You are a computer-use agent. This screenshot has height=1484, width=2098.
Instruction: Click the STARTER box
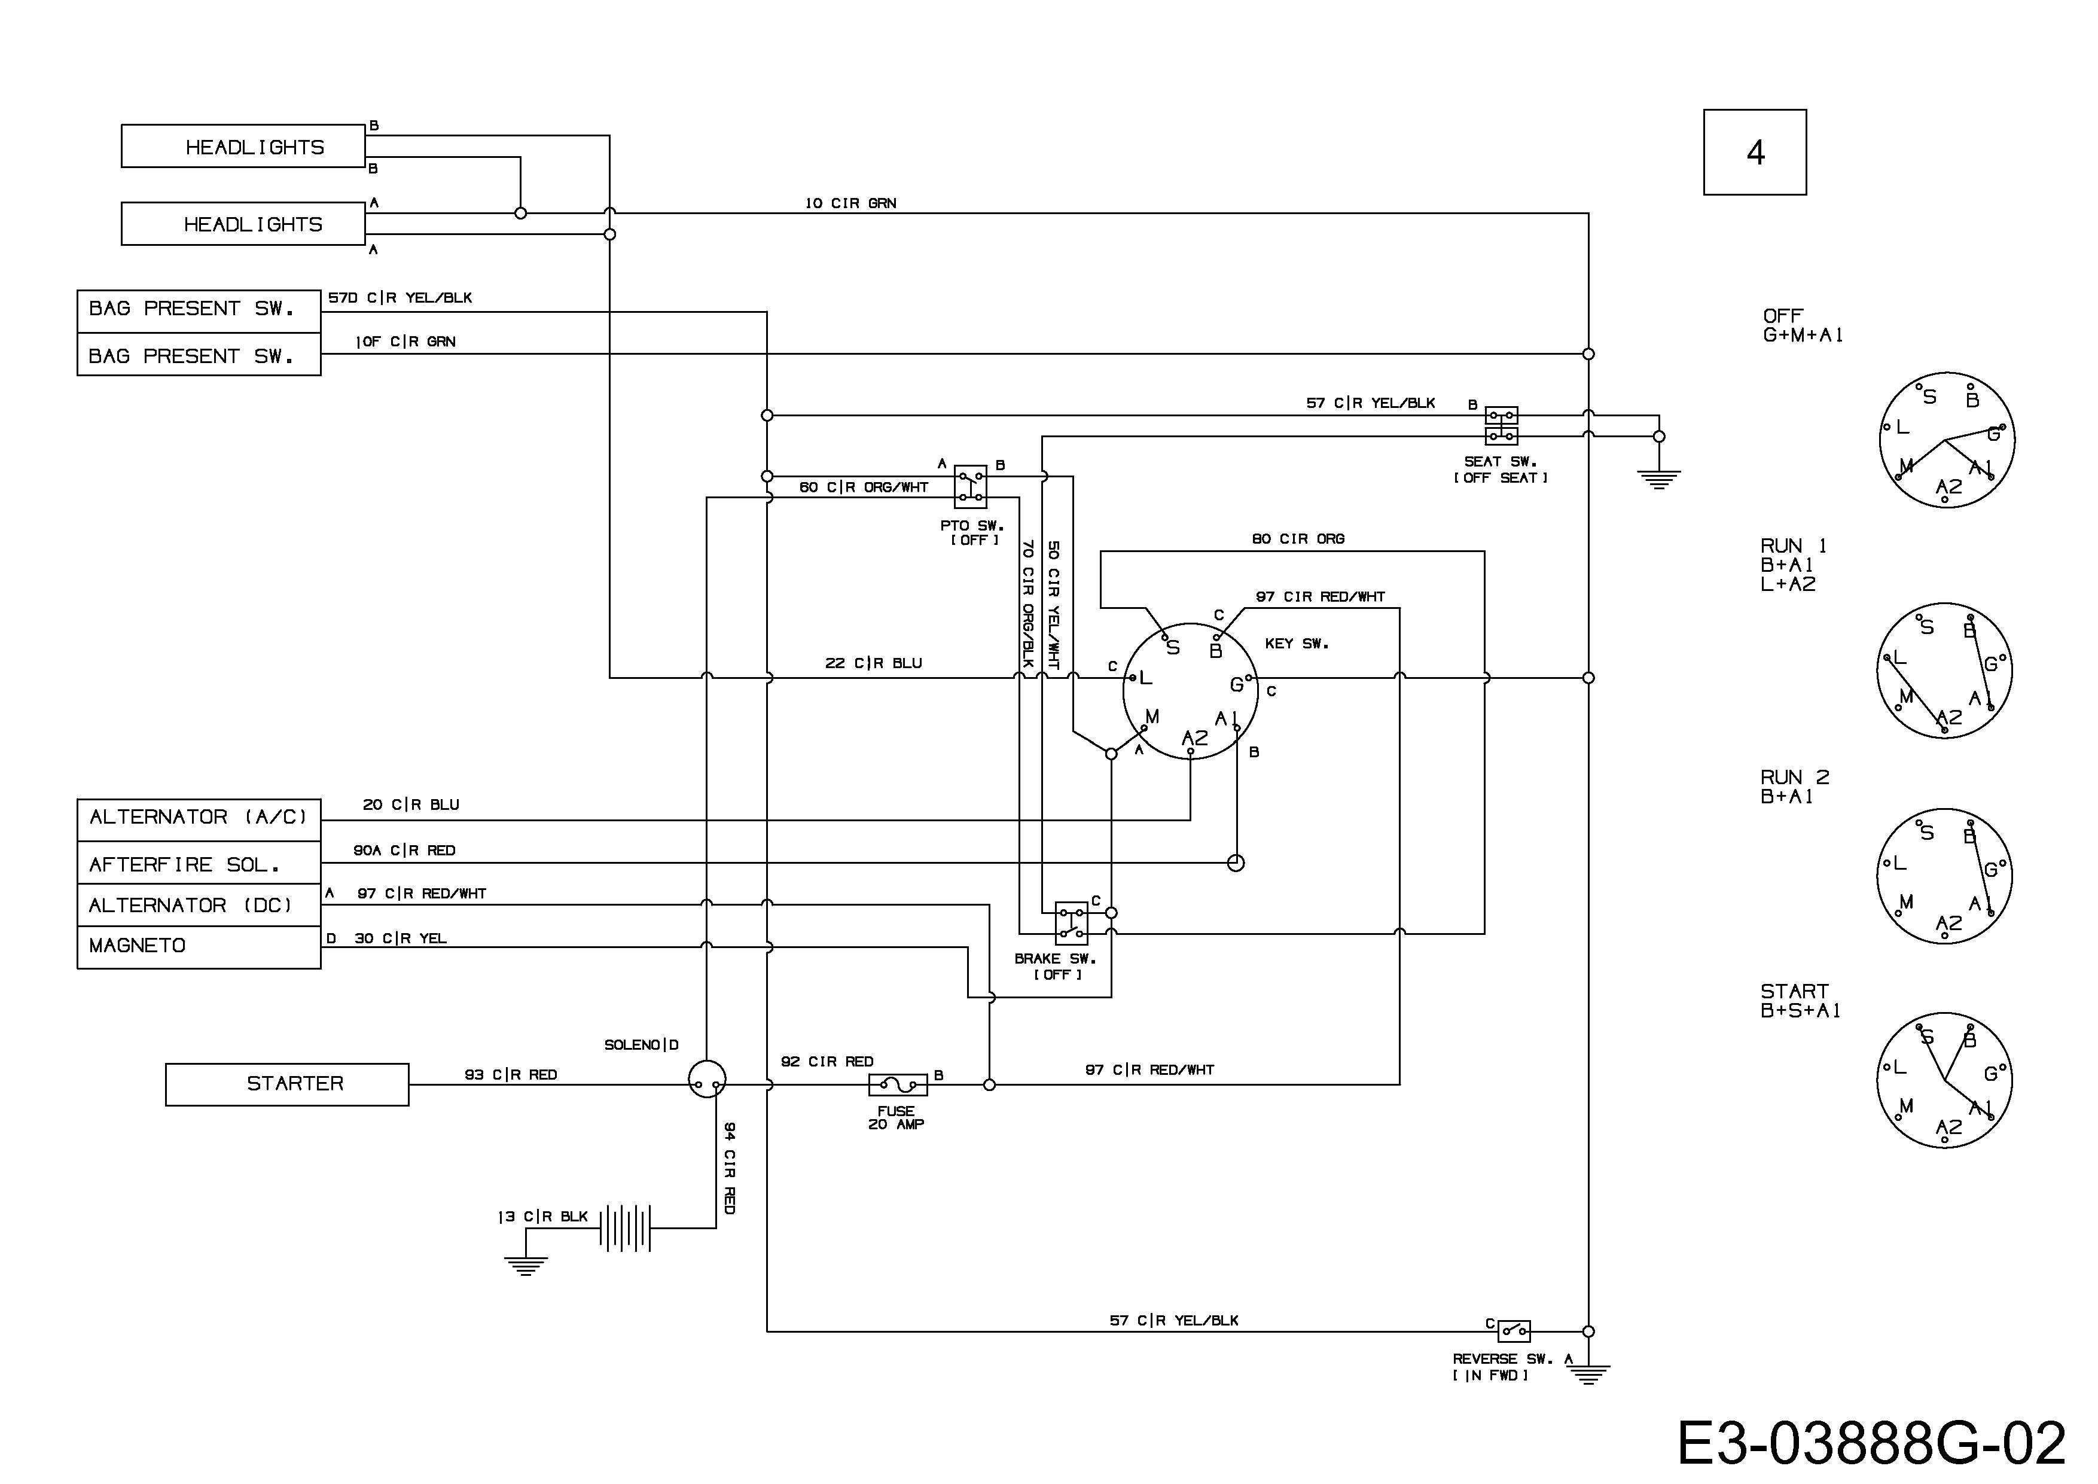click(287, 1084)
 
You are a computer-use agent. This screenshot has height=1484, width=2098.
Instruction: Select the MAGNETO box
click(199, 947)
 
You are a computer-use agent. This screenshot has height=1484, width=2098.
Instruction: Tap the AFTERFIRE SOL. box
click(199, 863)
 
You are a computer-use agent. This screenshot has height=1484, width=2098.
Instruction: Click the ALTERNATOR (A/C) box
click(199, 819)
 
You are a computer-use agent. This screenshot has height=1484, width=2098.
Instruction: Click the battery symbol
click(625, 1227)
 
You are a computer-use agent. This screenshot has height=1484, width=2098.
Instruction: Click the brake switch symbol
click(1072, 923)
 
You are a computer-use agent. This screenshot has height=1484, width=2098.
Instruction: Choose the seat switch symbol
click(1501, 426)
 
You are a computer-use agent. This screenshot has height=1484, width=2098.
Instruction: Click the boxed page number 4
click(1755, 152)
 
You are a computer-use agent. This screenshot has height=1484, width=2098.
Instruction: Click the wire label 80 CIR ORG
click(1298, 539)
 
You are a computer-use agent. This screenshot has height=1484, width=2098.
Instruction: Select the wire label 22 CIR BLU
click(874, 663)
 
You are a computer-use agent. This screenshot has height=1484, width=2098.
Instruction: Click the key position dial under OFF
click(1946, 440)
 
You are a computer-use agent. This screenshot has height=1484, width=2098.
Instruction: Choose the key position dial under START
click(1944, 1080)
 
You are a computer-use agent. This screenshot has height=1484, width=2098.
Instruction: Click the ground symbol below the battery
click(526, 1266)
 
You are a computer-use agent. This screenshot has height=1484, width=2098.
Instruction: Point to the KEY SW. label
click(1297, 644)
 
